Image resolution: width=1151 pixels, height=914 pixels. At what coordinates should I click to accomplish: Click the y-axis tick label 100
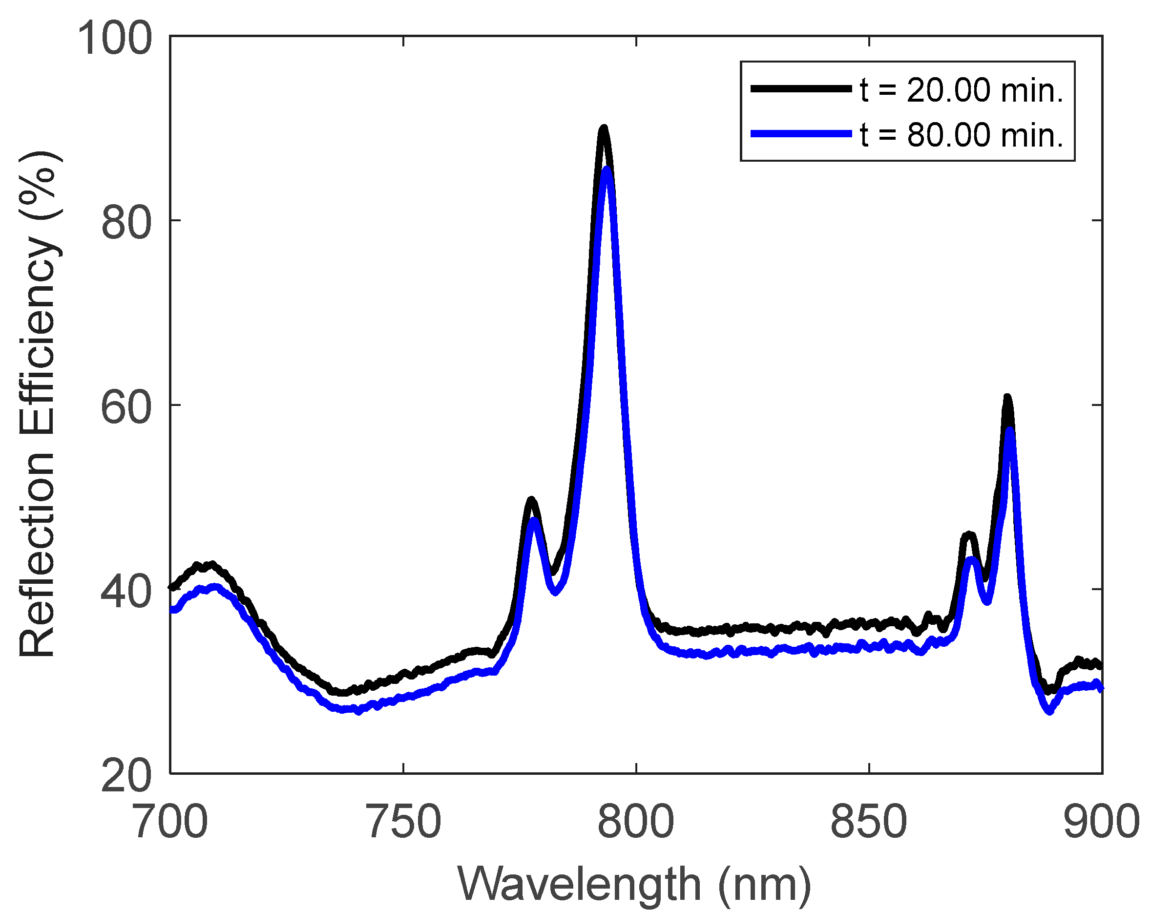point(115,39)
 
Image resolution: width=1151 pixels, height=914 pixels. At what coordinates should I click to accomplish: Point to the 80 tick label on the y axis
point(126,223)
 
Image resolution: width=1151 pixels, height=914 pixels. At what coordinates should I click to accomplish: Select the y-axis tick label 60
point(126,407)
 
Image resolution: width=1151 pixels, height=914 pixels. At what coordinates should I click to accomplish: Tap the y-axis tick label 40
point(126,592)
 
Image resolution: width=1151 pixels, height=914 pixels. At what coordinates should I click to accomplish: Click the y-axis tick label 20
point(126,776)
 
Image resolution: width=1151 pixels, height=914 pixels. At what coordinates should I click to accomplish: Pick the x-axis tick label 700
point(170,823)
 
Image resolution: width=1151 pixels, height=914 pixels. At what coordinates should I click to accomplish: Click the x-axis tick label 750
point(403,823)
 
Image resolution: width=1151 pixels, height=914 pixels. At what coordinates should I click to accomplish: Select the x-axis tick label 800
point(636,823)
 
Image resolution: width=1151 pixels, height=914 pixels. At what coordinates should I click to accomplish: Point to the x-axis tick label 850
point(869,823)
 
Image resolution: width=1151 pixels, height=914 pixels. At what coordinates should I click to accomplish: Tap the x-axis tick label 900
point(1101,823)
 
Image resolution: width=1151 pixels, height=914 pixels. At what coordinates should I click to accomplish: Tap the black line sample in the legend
point(801,89)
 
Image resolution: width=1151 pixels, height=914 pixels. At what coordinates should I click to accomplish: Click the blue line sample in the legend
point(801,134)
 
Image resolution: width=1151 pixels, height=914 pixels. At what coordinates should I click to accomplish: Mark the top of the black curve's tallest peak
point(604,128)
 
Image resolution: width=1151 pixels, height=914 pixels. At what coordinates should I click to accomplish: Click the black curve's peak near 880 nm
point(1007,398)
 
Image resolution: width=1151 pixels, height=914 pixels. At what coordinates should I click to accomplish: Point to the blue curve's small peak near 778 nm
point(533,521)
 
